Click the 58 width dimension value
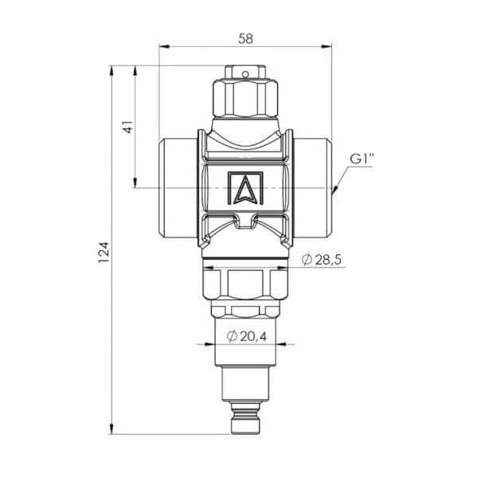point(245,39)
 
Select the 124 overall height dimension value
point(104,253)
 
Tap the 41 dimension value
point(128,127)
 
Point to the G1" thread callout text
point(362,159)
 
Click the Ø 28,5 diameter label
point(322,260)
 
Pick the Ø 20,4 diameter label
point(247,336)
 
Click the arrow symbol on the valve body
point(245,188)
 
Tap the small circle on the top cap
point(245,74)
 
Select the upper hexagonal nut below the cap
point(245,97)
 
